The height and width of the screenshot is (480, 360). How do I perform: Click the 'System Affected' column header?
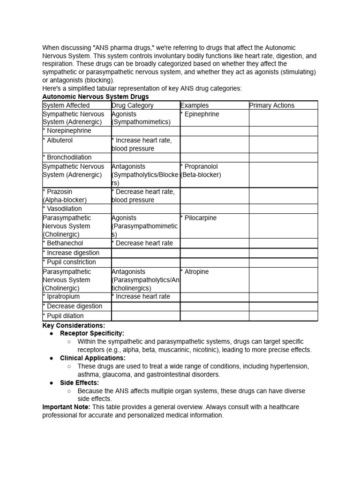pos(66,105)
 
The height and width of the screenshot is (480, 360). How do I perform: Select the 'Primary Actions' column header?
pos(272,105)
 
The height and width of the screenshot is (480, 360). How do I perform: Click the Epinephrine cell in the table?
pos(200,114)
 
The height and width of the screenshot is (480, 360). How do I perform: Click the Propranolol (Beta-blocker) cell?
pos(201,171)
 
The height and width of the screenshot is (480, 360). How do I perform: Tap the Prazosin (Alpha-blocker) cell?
pos(65,195)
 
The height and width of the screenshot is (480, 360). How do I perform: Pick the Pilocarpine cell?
pos(199,218)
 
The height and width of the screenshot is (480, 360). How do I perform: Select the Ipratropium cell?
pos(61,297)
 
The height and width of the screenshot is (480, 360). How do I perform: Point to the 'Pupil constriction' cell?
pos(69,262)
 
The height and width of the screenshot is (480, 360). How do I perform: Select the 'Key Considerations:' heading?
pos(74,325)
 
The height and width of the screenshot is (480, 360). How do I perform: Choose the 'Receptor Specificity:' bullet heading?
pos(92,333)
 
